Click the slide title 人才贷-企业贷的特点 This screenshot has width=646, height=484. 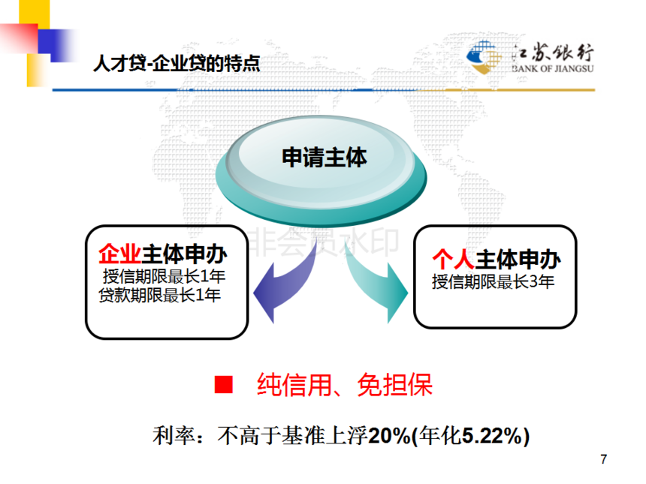coord(177,63)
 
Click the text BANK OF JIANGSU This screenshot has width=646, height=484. coord(553,69)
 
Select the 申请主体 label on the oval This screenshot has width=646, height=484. coord(325,158)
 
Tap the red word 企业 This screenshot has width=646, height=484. coord(119,254)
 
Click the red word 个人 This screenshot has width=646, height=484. coord(454,260)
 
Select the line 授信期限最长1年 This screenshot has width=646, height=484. coord(164,276)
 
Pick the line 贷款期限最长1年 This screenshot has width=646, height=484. coord(160,295)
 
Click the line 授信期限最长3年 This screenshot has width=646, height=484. coord(494,282)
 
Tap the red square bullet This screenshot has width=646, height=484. coord(224,384)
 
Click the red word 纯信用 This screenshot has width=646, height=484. coord(294,385)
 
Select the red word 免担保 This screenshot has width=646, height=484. coord(394,385)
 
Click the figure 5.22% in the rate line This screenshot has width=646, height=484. coord(493,436)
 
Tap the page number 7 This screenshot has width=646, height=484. coord(604,459)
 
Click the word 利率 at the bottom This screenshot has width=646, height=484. coord(174,436)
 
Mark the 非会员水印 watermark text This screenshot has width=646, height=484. coord(325,242)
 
